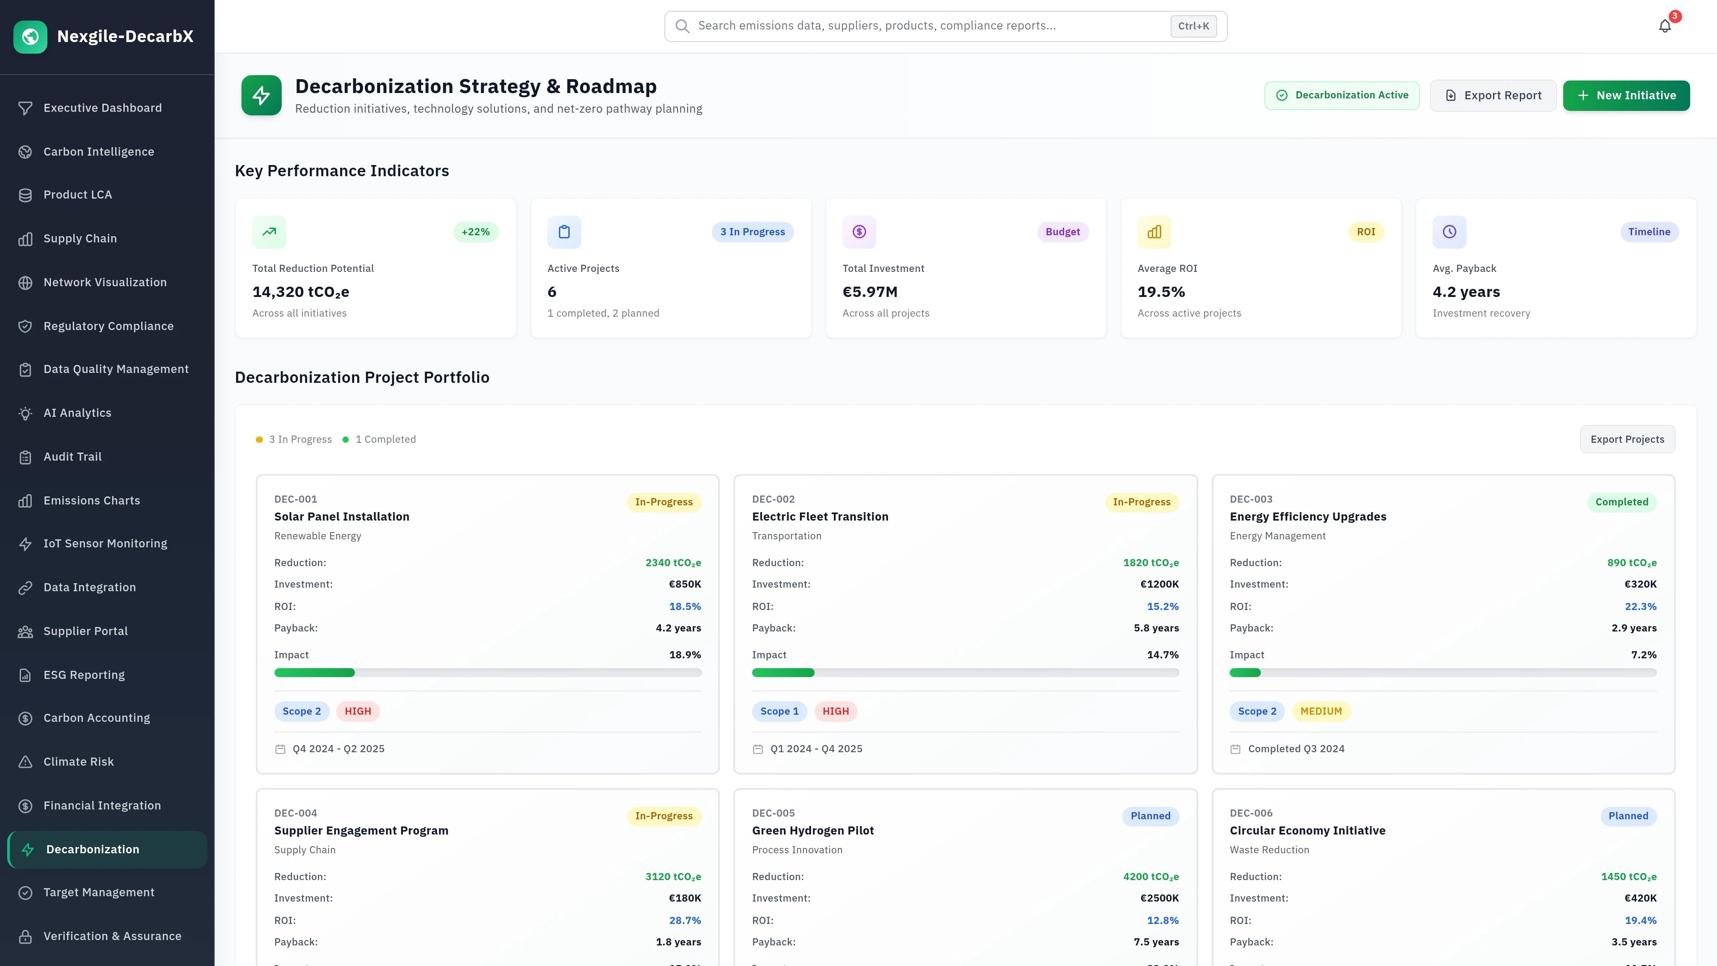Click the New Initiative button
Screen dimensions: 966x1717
[1626, 95]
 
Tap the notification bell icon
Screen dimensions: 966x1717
[1664, 26]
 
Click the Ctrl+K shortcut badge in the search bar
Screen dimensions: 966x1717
[1193, 26]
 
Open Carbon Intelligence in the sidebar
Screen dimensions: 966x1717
[99, 151]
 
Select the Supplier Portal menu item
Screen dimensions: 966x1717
[85, 631]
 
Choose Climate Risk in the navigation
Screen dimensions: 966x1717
[79, 761]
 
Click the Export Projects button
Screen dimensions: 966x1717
[1627, 439]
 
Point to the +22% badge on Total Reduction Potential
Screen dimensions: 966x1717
[475, 232]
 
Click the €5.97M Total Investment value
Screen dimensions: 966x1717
[870, 292]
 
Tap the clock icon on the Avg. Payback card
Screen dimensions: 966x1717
[1449, 232]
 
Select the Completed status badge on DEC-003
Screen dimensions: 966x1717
[1621, 502]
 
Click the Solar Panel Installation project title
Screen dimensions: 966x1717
[341, 517]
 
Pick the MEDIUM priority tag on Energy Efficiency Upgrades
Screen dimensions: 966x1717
[1320, 712]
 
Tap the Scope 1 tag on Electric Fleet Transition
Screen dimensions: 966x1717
[779, 712]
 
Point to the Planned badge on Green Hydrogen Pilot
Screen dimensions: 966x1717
[1150, 816]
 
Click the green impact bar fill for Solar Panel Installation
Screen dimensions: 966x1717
[315, 673]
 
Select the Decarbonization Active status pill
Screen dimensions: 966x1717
[1342, 95]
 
